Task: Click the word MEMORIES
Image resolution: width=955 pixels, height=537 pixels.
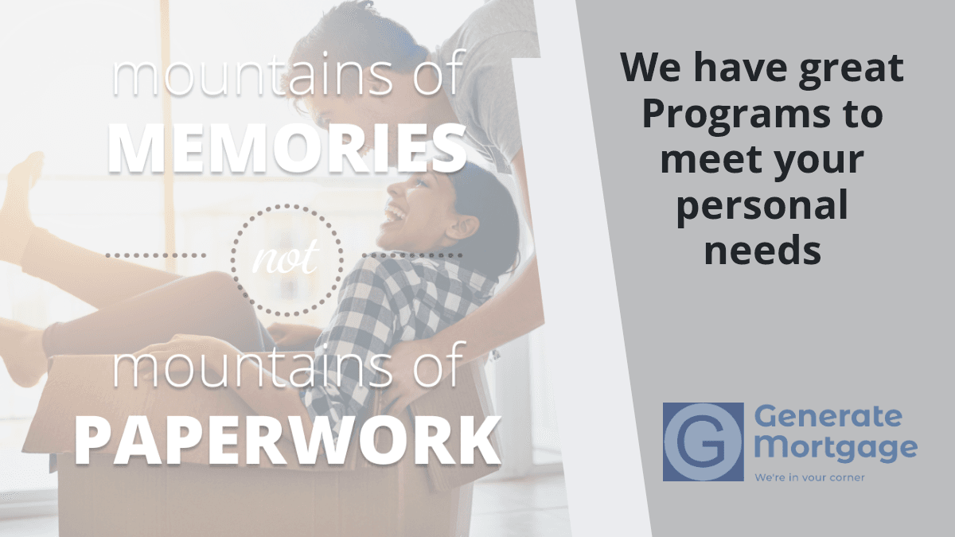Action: pos(287,148)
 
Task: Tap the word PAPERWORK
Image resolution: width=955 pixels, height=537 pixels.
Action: pos(288,440)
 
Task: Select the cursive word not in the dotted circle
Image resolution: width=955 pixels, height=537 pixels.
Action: pos(285,257)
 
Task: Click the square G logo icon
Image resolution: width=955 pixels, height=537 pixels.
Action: pos(703,442)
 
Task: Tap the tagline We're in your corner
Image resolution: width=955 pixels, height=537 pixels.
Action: pos(809,477)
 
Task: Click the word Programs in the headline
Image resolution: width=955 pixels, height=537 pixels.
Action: pos(736,115)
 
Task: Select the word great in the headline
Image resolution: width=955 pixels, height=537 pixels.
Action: pos(851,68)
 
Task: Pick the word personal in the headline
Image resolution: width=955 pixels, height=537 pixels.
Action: pos(762,206)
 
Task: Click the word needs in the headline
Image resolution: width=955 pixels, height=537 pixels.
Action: pos(762,250)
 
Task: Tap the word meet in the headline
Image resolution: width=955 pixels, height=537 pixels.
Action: pos(712,160)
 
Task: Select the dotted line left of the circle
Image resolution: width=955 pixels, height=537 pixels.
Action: pos(156,255)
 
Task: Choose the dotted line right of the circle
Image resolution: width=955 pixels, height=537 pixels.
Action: pos(412,255)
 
